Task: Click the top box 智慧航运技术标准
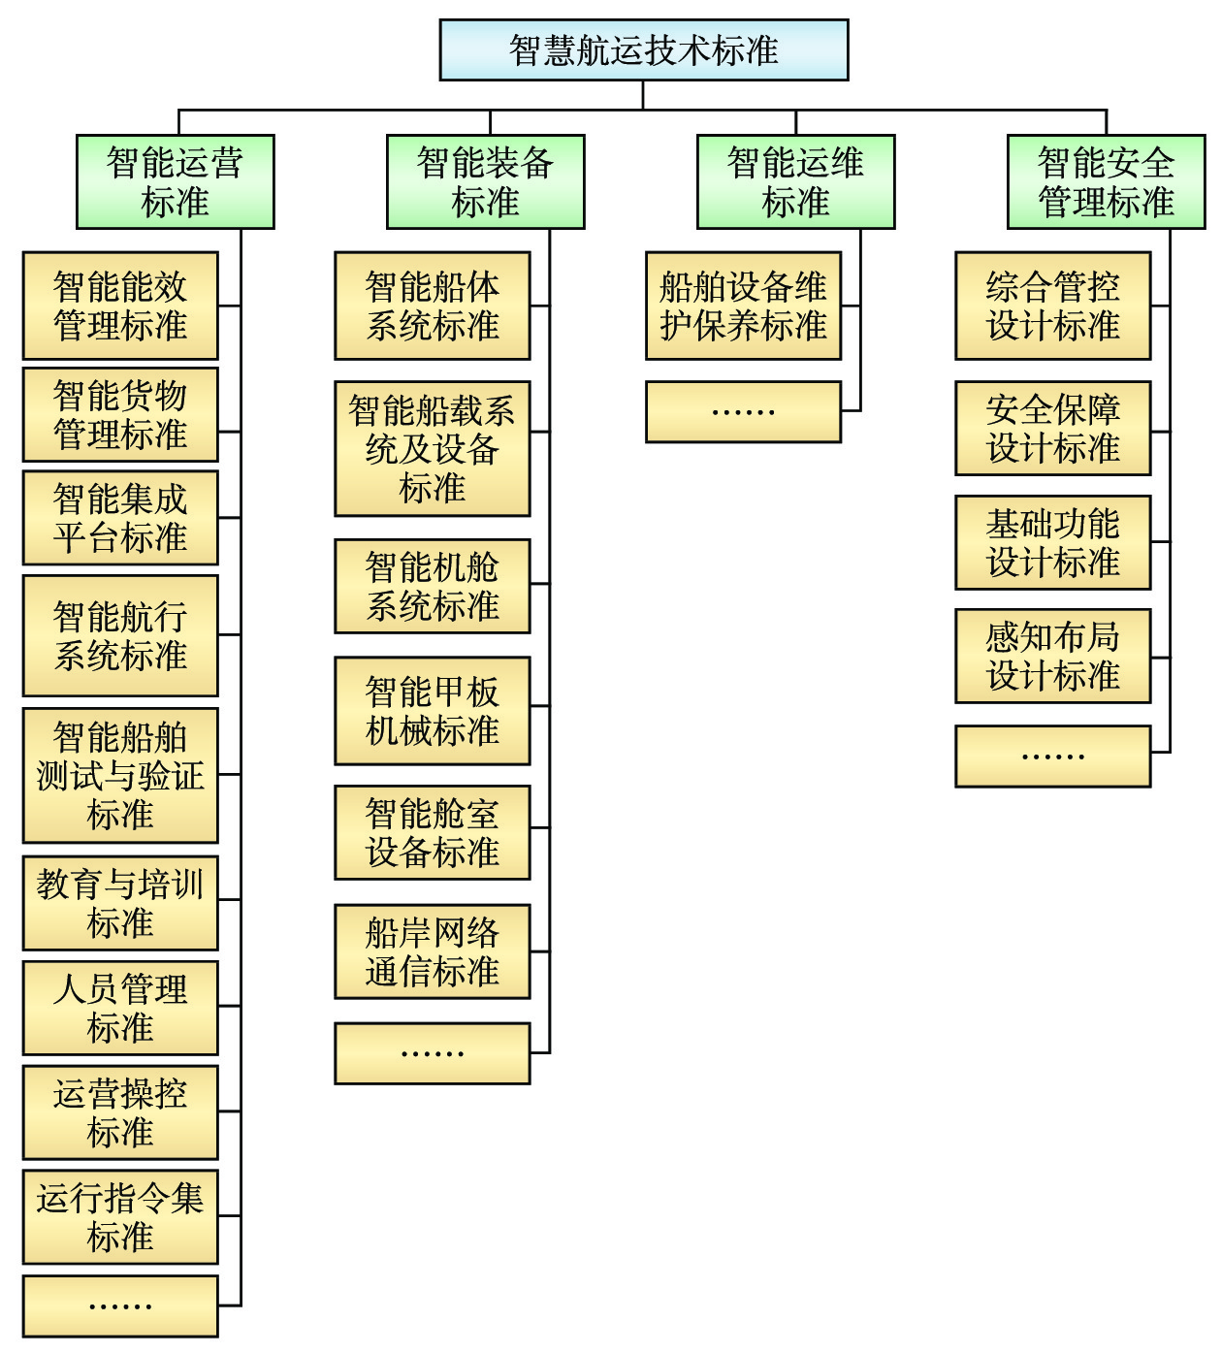(x=644, y=49)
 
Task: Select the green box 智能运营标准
(x=176, y=181)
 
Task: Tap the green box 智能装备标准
(x=485, y=181)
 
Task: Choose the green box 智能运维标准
(x=795, y=181)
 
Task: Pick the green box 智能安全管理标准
(x=1106, y=181)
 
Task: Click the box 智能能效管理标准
(x=120, y=306)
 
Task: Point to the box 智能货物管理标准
(x=120, y=414)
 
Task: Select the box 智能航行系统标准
(x=120, y=635)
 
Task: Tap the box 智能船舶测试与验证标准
(x=120, y=775)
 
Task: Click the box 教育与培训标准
(x=120, y=903)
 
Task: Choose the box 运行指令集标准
(x=120, y=1216)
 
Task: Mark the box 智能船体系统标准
(x=433, y=306)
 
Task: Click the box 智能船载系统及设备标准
(x=433, y=448)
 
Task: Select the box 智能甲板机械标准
(x=433, y=711)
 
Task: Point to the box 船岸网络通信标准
(x=433, y=951)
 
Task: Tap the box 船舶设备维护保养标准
(x=743, y=306)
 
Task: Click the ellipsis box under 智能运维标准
(x=743, y=412)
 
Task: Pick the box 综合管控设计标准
(x=1053, y=306)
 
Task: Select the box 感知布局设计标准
(x=1053, y=656)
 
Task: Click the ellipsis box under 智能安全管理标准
(x=1053, y=756)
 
